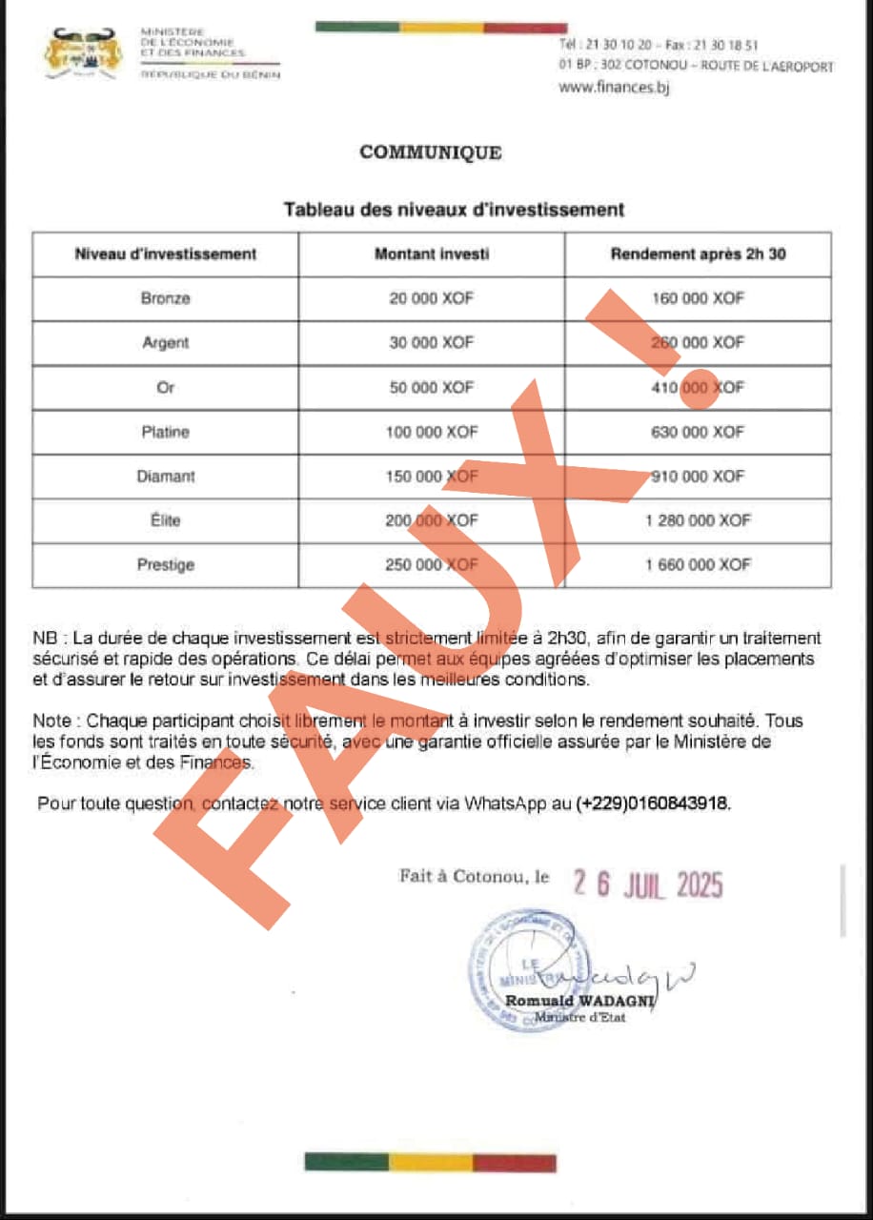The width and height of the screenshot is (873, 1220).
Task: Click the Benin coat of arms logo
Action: click(84, 53)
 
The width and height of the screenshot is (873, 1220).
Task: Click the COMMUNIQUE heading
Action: click(431, 152)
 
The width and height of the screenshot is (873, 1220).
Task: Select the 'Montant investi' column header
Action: click(432, 254)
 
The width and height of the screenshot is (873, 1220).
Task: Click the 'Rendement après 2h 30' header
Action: click(698, 254)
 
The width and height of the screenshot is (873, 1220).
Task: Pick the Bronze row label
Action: click(166, 298)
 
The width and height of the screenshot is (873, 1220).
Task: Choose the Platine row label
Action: click(166, 432)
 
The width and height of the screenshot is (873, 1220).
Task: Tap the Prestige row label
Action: click(166, 564)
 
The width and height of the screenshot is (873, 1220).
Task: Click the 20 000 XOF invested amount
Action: click(432, 298)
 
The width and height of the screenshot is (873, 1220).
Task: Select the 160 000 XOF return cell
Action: click(698, 298)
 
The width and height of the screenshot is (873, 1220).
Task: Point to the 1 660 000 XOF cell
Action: click(698, 564)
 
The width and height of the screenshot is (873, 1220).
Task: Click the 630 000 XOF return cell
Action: click(698, 432)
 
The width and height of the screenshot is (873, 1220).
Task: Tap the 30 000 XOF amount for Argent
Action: click(432, 343)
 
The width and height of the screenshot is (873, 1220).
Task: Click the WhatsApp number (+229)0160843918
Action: click(654, 803)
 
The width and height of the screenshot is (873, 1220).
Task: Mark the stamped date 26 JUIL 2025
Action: click(648, 885)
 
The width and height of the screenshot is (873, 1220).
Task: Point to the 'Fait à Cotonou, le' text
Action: click(475, 876)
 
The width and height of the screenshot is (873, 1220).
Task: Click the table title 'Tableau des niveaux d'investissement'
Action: click(454, 210)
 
